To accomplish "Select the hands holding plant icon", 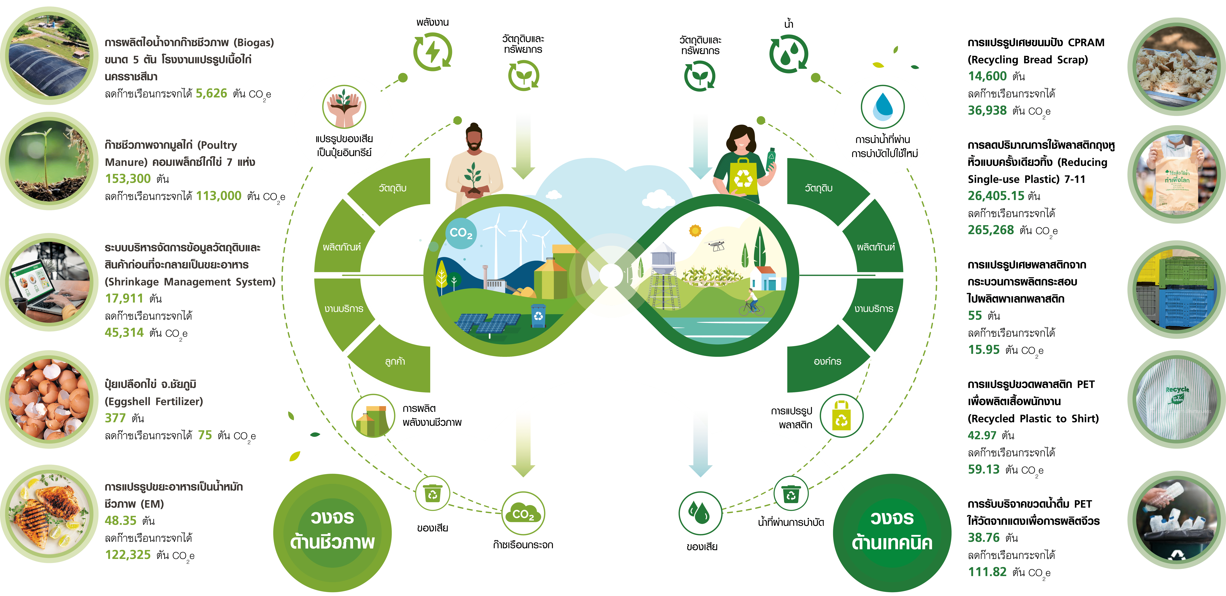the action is (x=344, y=107).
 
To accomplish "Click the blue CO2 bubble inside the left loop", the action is (x=461, y=233).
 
